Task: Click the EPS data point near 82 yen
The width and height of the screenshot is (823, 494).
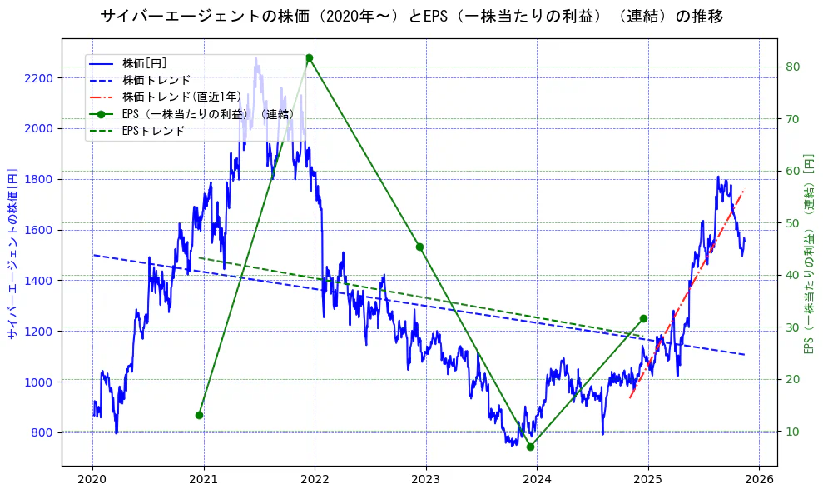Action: click(x=309, y=58)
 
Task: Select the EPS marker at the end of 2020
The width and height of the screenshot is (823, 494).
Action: click(x=199, y=415)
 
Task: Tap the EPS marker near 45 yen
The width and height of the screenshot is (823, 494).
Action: click(x=419, y=247)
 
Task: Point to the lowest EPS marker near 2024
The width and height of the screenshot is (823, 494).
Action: click(x=530, y=447)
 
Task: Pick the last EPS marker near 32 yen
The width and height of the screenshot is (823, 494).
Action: click(x=643, y=318)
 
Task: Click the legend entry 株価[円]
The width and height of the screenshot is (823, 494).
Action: click(x=144, y=63)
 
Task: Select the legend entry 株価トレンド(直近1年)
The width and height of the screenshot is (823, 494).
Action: click(x=181, y=97)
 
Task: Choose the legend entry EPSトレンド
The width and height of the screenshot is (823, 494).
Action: click(x=153, y=131)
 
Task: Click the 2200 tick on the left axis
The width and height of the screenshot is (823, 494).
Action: click(x=39, y=78)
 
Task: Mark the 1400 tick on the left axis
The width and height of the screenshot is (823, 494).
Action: click(x=39, y=281)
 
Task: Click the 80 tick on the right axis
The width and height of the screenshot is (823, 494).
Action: click(x=793, y=67)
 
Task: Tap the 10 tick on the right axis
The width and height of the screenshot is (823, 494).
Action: click(x=793, y=432)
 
